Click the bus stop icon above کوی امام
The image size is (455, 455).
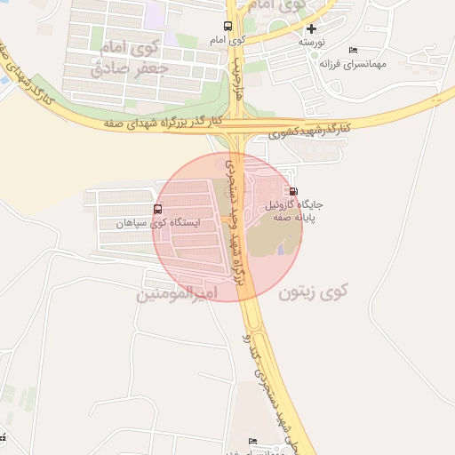pos(228,26)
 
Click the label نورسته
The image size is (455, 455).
pos(311,43)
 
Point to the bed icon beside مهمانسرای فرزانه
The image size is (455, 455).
pos(354,51)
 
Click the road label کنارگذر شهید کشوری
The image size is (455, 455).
pos(310,128)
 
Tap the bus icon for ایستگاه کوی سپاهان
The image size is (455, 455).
pos(158,210)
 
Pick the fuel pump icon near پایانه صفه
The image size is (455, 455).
pos(294,190)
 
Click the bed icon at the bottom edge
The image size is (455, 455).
pos(252,441)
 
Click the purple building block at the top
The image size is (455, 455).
pos(156,13)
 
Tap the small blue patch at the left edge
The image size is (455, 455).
pos(3,82)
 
